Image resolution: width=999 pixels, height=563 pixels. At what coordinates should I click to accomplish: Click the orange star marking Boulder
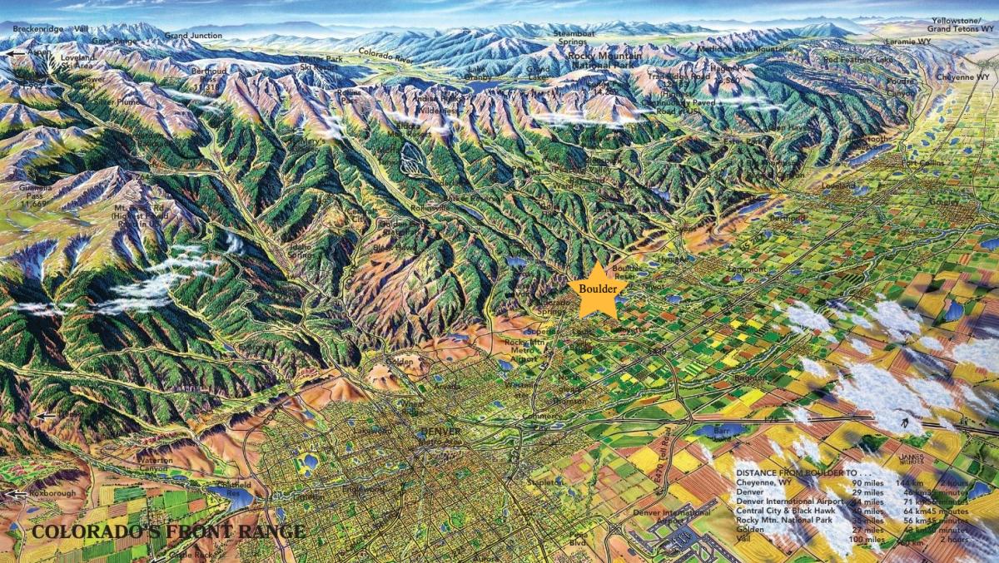tap(598, 289)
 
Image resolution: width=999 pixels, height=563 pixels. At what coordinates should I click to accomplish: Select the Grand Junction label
tap(193, 36)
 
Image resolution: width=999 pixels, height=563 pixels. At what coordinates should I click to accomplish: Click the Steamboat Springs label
tap(575, 37)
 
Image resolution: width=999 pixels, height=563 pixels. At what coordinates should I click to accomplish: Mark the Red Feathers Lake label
tap(857, 60)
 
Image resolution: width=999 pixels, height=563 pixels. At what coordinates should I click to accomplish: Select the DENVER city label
tap(441, 430)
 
